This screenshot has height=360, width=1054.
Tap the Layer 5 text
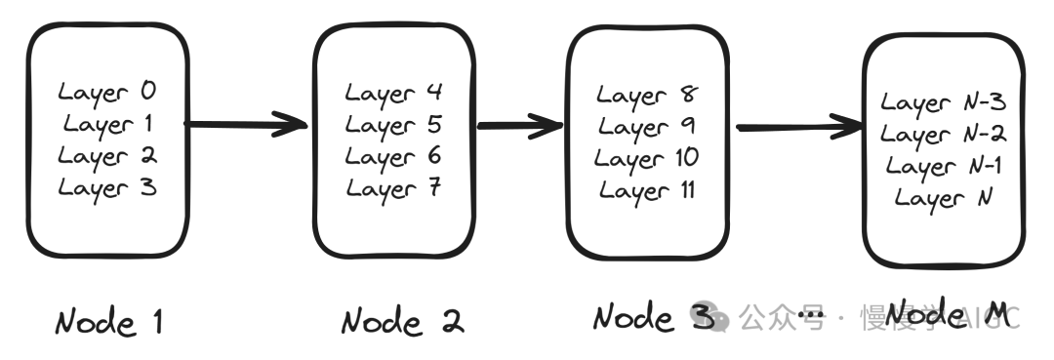pos(393,126)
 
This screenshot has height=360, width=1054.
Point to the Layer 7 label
pos(393,189)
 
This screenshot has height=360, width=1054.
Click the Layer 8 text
pos(647,96)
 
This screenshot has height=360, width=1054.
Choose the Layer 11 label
pos(647,192)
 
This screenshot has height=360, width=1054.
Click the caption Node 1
pos(109,322)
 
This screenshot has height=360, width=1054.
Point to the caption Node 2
pos(403,321)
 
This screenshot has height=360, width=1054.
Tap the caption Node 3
pos(653,316)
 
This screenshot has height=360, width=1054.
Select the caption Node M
pos(948,313)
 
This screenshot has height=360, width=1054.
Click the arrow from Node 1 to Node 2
pos(246,124)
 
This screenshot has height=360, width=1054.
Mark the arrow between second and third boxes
pos(519,126)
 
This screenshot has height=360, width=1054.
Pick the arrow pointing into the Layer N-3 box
pos(800,127)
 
